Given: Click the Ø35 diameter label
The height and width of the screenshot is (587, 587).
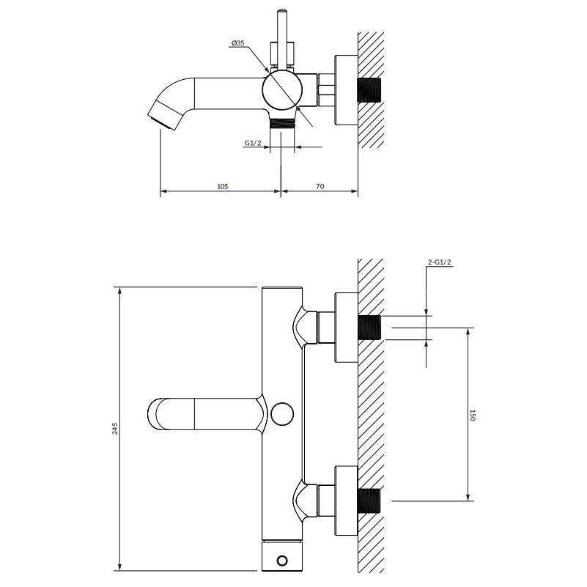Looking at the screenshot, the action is tap(237, 43).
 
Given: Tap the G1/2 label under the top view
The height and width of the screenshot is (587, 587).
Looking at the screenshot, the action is tap(253, 143).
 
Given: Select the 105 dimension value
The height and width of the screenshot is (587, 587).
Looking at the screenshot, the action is tap(222, 186).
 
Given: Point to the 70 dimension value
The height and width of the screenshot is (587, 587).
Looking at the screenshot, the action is tap(320, 186).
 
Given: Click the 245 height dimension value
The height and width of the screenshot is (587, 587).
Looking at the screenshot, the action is tap(115, 429).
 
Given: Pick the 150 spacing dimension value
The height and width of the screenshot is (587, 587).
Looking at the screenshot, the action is tap(472, 416).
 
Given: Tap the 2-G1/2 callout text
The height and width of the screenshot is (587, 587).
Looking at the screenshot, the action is tap(440, 262).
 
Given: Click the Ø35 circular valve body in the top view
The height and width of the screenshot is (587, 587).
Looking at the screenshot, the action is tap(282, 91).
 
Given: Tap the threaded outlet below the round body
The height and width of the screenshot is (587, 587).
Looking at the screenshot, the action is tap(282, 123).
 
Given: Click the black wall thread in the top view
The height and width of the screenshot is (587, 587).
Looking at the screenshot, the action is tap(369, 90).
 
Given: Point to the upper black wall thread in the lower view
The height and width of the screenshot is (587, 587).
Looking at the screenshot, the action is tap(369, 328).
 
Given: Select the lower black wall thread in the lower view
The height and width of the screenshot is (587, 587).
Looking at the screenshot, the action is tap(369, 501).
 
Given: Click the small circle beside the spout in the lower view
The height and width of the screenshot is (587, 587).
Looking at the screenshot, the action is tap(282, 413).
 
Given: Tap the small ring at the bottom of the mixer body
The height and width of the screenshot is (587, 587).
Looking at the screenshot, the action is tap(282, 561).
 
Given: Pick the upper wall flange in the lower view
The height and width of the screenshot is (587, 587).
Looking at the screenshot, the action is tap(346, 328).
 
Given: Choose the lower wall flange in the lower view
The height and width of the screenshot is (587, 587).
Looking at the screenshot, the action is tap(346, 501).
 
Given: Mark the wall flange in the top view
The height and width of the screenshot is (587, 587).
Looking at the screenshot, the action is tap(346, 90).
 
